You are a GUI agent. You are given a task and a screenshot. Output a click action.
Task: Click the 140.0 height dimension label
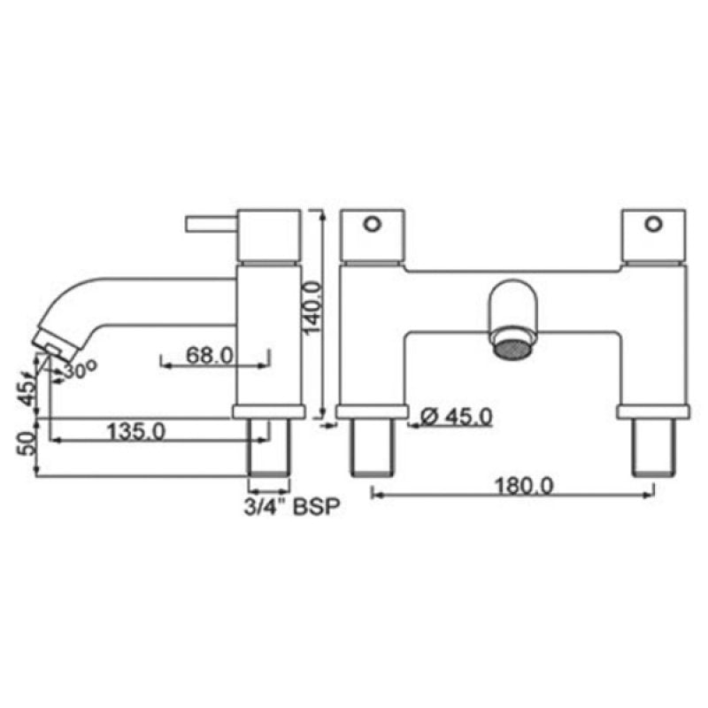[x=312, y=308]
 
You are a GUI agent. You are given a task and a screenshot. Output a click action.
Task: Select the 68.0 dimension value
[x=210, y=355]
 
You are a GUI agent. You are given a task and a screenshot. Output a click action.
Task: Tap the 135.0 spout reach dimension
[x=136, y=431]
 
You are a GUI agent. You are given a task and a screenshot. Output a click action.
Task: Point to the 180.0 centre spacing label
[x=524, y=486]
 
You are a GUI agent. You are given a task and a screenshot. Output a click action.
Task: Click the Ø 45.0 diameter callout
[x=456, y=417]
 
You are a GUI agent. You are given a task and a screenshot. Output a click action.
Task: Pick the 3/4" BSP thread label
[x=292, y=506]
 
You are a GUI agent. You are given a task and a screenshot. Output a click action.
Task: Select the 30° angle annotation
[x=80, y=370]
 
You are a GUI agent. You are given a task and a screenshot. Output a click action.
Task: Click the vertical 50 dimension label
[x=27, y=443]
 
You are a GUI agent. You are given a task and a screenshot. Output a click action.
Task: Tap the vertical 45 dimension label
[x=27, y=393]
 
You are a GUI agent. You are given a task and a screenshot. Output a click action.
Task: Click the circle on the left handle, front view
[x=373, y=224]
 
